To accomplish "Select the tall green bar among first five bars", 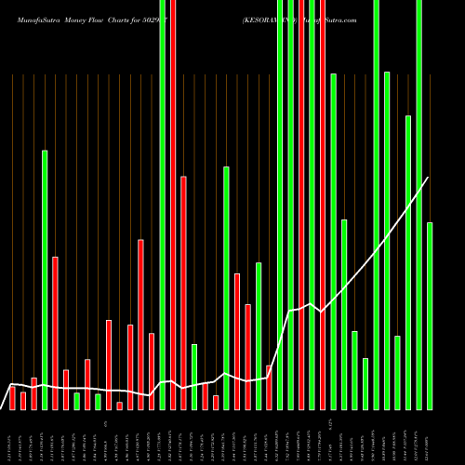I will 45,279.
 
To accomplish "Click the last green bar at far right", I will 430,315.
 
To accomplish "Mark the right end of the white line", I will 429,177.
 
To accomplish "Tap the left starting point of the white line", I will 11,383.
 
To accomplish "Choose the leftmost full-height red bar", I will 173,205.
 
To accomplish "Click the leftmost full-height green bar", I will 163,205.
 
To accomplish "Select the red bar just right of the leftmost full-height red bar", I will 184,292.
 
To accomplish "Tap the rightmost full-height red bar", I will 323,205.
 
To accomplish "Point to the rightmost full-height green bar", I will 419,205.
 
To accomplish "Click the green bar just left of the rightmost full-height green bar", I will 408,261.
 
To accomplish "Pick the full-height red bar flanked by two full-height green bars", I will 301,205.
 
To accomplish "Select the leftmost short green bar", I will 77,401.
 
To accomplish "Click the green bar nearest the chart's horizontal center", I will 226,287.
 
